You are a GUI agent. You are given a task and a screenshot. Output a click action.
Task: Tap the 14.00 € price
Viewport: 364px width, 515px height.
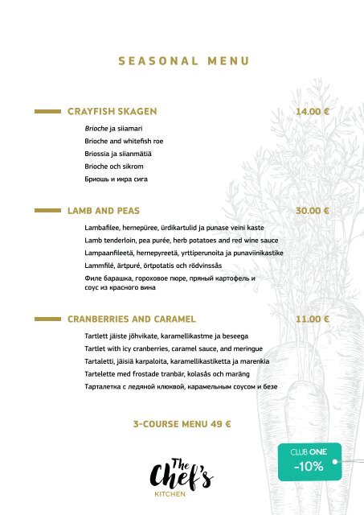click(x=314, y=111)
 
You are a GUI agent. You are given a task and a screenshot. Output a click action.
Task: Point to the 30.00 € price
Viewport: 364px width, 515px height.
click(x=314, y=210)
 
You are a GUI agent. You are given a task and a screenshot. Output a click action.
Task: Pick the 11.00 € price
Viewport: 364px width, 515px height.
click(x=314, y=318)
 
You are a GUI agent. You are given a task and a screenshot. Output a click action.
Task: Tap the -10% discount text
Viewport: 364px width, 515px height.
click(x=309, y=466)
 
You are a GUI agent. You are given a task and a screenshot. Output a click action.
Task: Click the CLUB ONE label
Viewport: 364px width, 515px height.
click(x=309, y=451)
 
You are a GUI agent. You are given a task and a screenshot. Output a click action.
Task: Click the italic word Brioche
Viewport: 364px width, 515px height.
click(x=96, y=128)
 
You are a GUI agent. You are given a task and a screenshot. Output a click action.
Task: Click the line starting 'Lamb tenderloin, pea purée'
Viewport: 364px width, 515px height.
click(x=181, y=241)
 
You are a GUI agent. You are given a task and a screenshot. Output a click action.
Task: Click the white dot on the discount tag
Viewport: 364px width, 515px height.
click(x=333, y=462)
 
